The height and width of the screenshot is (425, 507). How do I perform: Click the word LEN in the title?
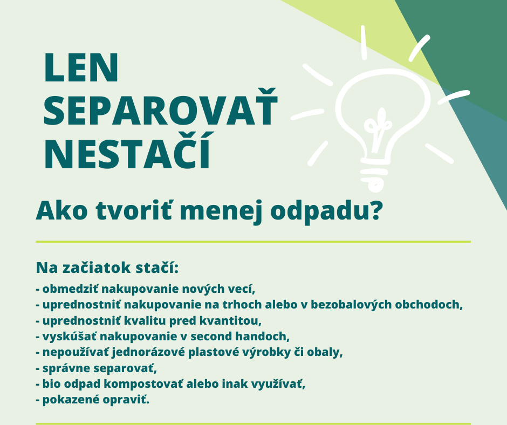pos(81,68)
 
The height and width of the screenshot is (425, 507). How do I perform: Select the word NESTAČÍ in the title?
pos(127,150)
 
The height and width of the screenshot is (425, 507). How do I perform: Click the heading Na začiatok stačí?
pos(107,268)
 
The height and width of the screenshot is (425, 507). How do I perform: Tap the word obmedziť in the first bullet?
pos(71,289)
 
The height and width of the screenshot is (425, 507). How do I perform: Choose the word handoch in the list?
pos(262,337)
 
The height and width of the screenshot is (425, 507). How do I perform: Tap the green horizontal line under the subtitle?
pos(253,242)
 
